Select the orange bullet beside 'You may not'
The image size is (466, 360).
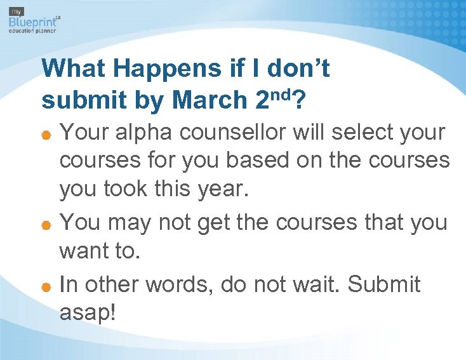[x=47, y=224]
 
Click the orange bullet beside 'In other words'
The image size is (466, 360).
[x=47, y=286]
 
